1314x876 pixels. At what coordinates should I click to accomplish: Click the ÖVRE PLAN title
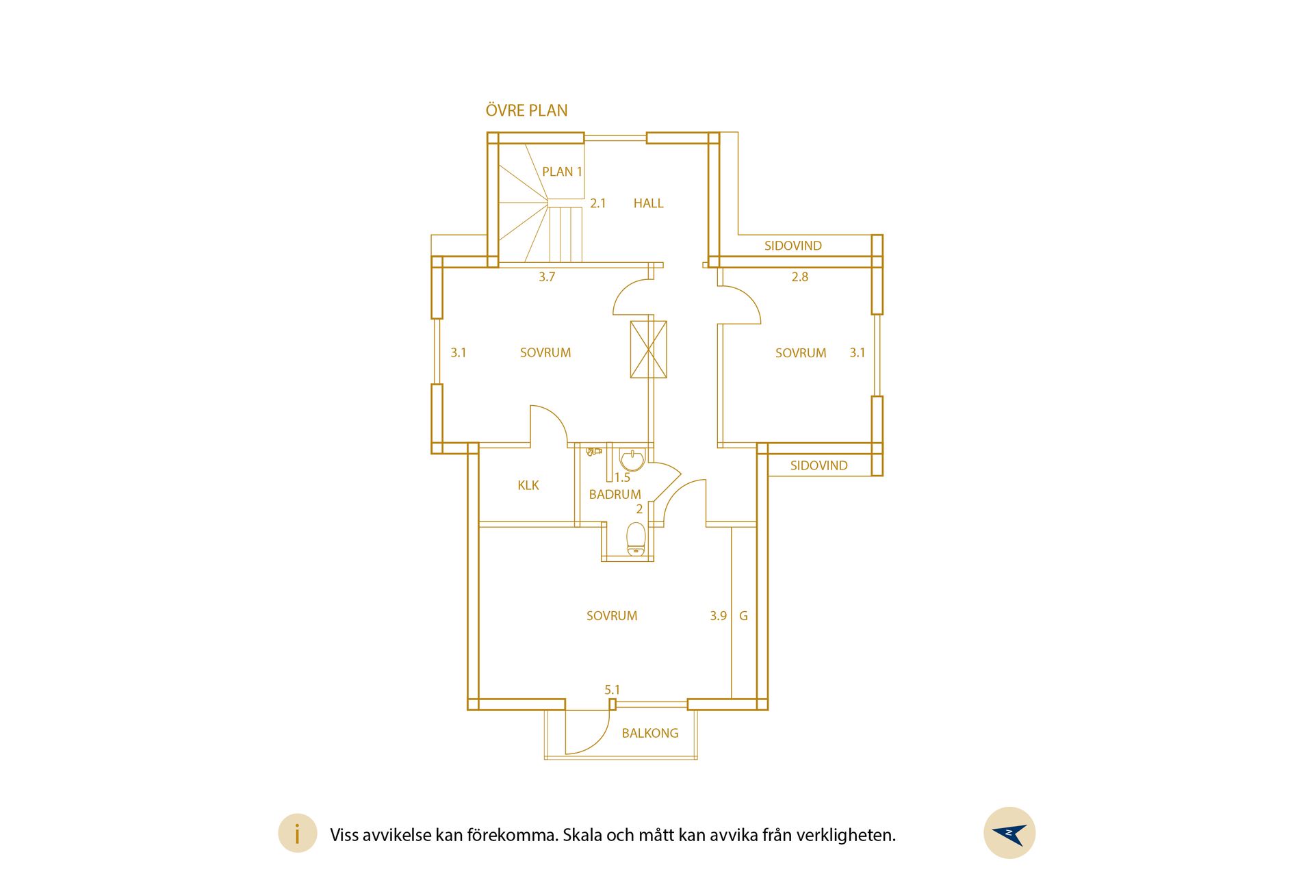[x=526, y=110]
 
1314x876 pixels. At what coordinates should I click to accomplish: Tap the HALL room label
[x=648, y=203]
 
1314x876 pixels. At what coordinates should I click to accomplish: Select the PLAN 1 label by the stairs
[x=562, y=172]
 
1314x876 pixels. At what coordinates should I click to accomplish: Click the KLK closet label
[x=528, y=485]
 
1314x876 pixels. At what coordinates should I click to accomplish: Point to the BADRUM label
[x=615, y=494]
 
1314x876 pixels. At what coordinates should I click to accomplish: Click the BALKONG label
[x=650, y=733]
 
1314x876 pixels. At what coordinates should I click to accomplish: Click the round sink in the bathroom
[x=632, y=459]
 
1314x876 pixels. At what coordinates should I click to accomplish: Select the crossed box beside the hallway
[x=648, y=349]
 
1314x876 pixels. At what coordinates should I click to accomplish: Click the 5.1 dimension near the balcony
[x=612, y=690]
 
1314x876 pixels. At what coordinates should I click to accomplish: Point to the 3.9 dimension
[x=719, y=616]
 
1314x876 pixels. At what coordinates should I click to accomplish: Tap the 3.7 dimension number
[x=547, y=277]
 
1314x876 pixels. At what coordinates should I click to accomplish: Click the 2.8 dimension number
[x=800, y=277]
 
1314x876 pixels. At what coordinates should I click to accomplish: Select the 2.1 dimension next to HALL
[x=598, y=203]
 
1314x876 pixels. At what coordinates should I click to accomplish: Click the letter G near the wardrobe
[x=743, y=616]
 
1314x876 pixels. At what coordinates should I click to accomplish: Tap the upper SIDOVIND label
[x=793, y=246]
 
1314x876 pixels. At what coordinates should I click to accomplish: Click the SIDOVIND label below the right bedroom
[x=819, y=465]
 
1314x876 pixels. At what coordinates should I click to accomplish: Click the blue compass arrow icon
[x=1010, y=834]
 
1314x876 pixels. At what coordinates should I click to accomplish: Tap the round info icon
[x=298, y=834]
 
